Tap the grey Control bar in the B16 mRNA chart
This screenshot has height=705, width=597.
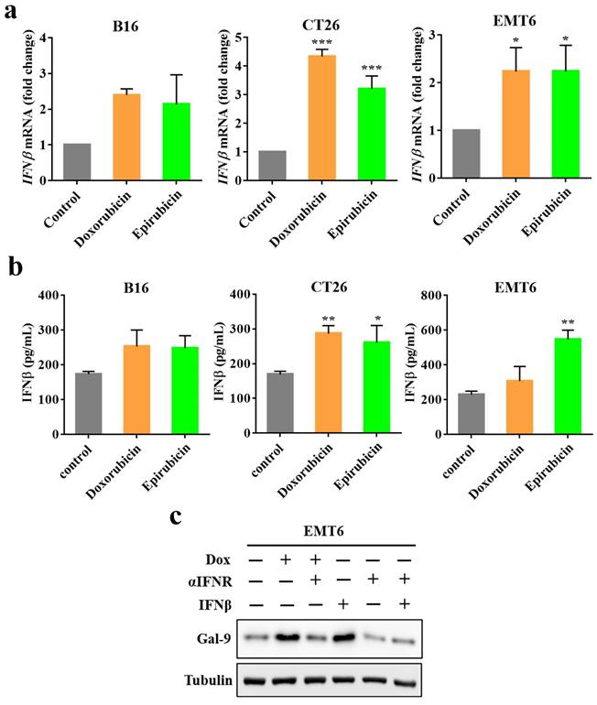coord(78,162)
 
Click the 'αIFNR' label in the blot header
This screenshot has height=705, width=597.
coord(207,580)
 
